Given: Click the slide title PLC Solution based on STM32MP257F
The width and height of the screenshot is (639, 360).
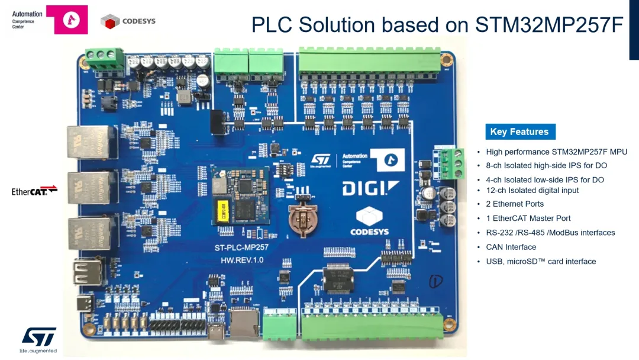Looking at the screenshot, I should click(x=437, y=25).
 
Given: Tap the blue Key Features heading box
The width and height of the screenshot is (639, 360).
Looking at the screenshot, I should click(x=519, y=132).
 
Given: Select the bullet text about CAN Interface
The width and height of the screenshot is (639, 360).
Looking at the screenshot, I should click(x=511, y=247).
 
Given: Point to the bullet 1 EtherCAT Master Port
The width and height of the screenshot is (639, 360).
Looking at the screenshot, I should click(x=528, y=218).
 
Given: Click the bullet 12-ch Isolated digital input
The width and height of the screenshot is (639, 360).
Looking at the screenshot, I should click(x=532, y=190).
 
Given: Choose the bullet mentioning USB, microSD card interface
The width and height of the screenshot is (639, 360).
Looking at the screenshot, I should click(x=540, y=261).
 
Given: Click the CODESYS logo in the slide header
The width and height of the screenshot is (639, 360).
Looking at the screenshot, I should click(x=128, y=21).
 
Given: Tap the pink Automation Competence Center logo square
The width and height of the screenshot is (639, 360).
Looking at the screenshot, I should click(x=67, y=20).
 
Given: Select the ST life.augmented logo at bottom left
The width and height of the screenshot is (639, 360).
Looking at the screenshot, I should click(x=39, y=338).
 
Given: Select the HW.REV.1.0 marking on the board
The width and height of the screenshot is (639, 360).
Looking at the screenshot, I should click(x=241, y=260).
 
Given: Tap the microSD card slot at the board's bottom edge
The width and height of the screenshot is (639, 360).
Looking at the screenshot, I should click(x=242, y=323).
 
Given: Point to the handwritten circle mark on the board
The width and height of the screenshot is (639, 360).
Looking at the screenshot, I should click(x=435, y=281).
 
